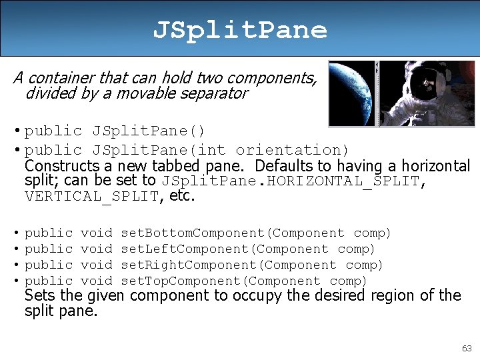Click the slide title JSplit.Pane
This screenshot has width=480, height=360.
pos(240,29)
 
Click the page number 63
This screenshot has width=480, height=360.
pos(466,349)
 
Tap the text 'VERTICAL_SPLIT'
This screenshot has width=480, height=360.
pos(92,196)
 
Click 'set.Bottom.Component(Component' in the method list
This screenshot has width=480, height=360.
pos(233,233)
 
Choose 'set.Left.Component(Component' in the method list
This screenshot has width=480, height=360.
pos(225,249)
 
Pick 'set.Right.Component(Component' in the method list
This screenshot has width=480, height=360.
pos(229,265)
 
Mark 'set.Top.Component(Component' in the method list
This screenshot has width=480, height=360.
pos(221,281)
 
